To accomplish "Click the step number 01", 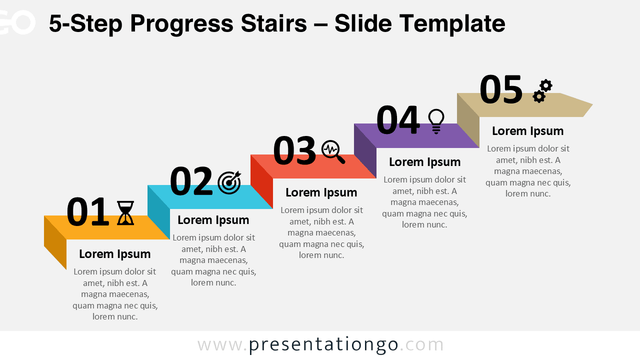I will point(87,212).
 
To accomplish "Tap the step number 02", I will point(191,181).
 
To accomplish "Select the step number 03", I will point(294,151).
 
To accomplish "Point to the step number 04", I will point(397,120).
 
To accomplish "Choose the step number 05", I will point(500,90).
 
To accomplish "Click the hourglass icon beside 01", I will point(125,213).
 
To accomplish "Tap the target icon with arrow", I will point(229,182).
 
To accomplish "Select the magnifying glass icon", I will point(333,151).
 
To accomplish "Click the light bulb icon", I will point(436,121).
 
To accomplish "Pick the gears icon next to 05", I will point(542,91).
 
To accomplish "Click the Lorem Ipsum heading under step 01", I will point(114,254).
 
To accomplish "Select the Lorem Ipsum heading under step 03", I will point(321,192).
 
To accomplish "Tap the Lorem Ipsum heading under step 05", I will point(527,131).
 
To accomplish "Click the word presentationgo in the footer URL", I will point(323,344).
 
